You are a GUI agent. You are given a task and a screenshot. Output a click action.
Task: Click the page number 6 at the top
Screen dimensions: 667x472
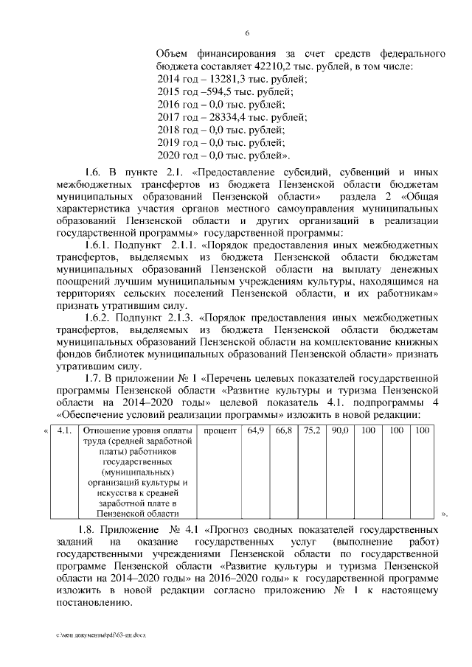tap(247, 32)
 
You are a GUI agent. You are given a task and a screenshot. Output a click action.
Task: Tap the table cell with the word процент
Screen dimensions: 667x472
tap(220, 430)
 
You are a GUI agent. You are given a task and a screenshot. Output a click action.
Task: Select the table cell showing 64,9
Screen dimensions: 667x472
tap(256, 430)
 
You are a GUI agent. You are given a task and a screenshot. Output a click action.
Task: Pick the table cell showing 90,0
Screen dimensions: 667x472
tap(339, 430)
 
